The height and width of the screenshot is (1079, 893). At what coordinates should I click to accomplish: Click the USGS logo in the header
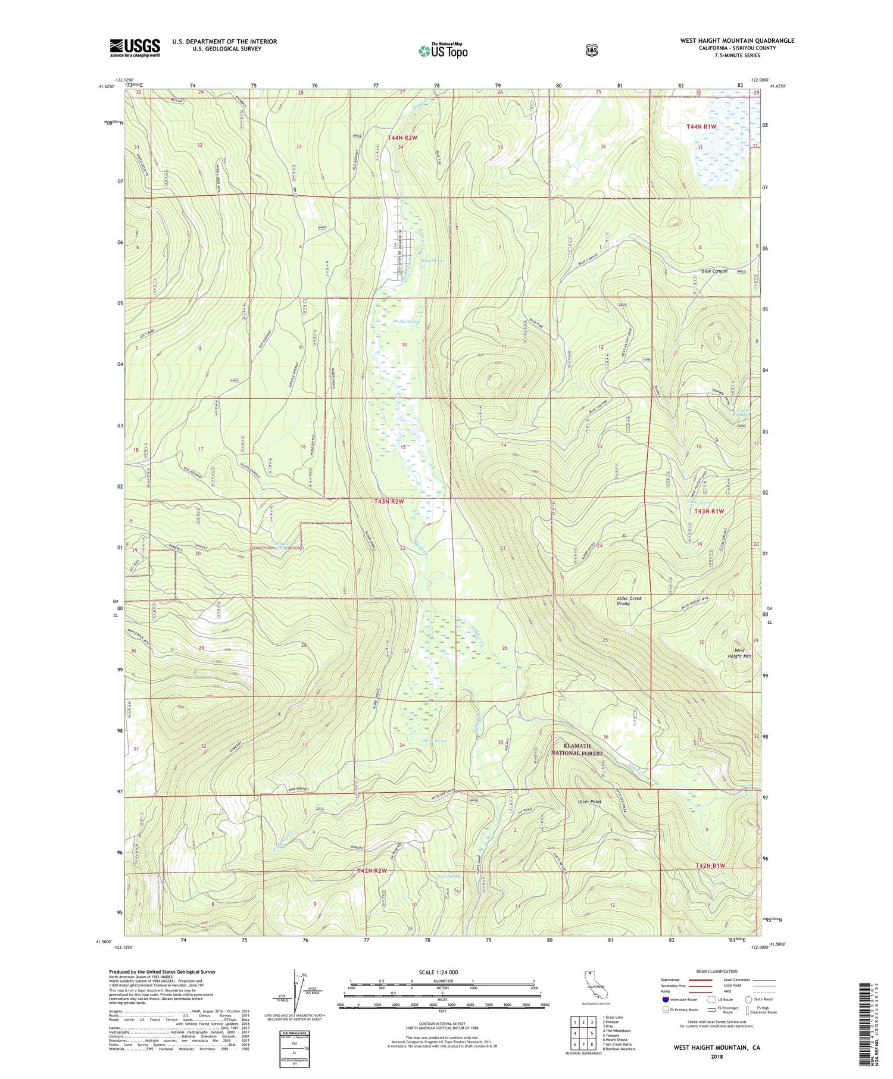point(135,48)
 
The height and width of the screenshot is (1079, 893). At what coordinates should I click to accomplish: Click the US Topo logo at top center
point(443,51)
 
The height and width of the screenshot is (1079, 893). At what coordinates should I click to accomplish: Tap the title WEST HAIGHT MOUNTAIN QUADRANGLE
point(736,40)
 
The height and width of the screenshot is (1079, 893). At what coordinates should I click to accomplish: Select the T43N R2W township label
point(389,501)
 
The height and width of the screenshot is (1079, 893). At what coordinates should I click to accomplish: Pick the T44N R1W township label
point(701,127)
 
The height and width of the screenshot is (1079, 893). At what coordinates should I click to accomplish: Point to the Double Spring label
point(406,321)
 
